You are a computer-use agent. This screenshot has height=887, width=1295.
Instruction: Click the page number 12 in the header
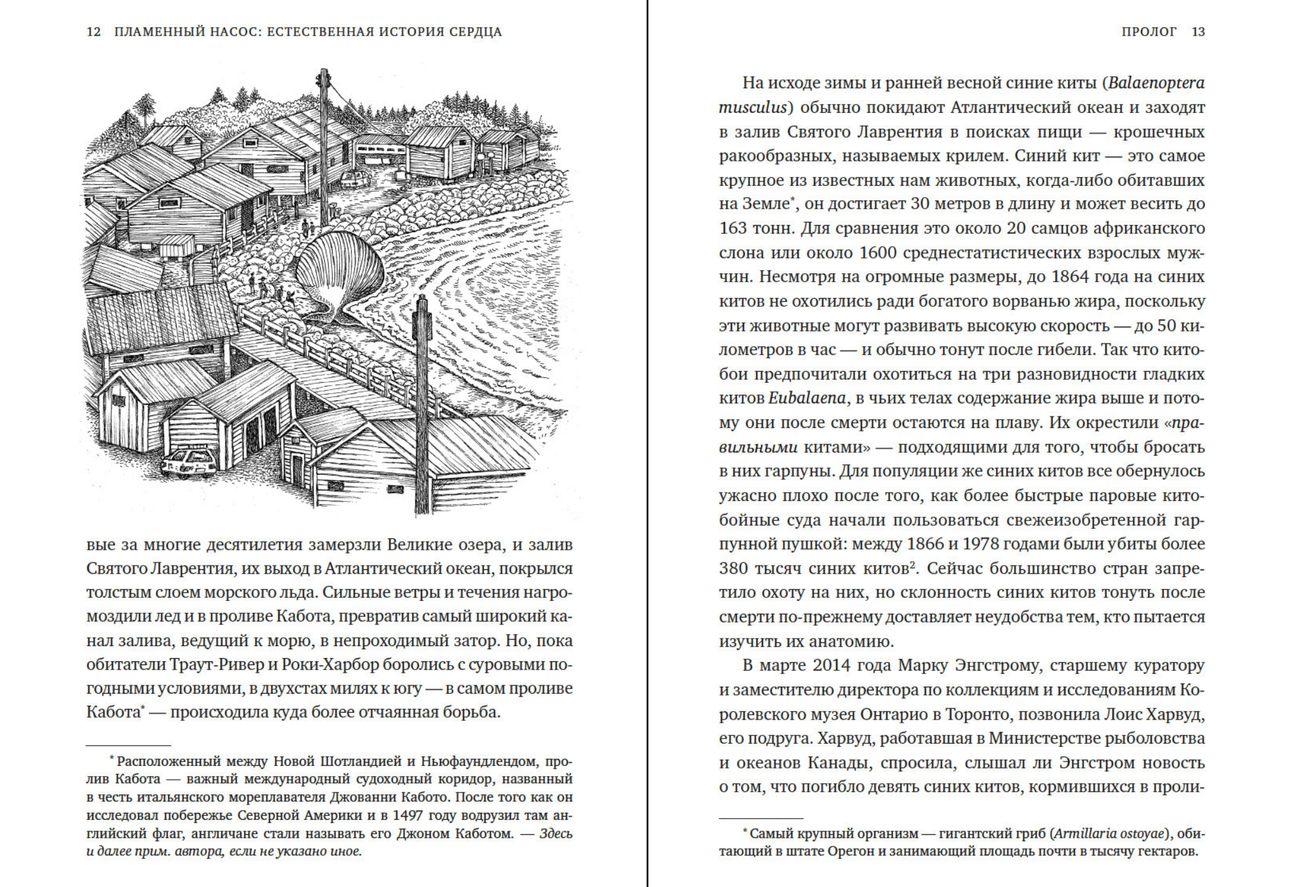click(93, 32)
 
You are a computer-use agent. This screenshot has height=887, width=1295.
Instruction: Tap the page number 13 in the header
click(1198, 32)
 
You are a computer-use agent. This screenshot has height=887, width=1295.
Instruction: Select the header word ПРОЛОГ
click(1149, 32)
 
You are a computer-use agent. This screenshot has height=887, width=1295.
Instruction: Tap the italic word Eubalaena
click(807, 398)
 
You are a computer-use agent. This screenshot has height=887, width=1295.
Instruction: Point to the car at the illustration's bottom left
click(189, 462)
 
